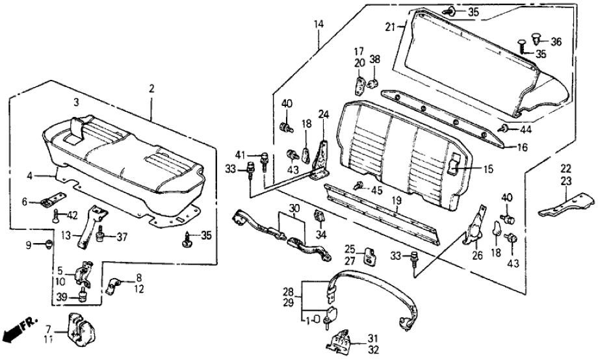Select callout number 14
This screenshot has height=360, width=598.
point(318,25)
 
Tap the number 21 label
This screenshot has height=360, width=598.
point(389,27)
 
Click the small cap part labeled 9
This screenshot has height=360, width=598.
point(50,245)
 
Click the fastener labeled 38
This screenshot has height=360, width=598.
point(374,83)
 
